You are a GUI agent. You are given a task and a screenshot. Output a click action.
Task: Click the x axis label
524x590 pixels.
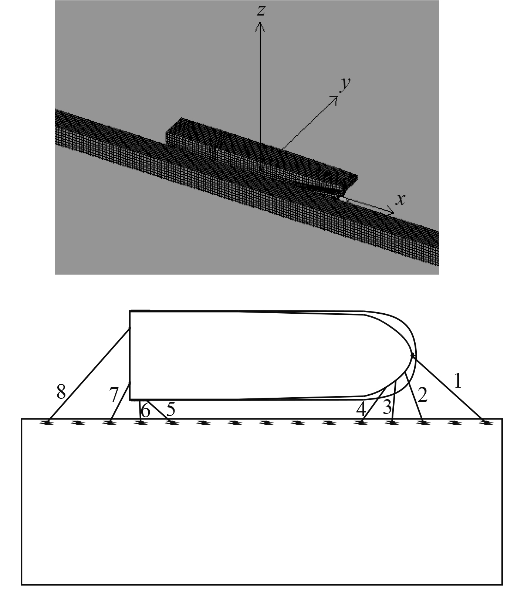point(400,199)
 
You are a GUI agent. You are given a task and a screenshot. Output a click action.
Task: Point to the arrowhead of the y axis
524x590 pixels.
point(335,98)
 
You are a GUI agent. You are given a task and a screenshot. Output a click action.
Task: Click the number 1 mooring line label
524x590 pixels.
point(458,381)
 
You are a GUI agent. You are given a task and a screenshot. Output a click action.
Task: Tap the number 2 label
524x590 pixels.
point(423,395)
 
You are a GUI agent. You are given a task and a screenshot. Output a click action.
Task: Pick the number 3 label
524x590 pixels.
point(387,407)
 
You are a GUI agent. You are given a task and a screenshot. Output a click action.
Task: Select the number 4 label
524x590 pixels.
point(361,409)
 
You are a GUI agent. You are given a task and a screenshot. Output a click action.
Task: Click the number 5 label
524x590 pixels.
point(170,409)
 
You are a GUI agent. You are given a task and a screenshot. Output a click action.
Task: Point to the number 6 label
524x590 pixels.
point(146,411)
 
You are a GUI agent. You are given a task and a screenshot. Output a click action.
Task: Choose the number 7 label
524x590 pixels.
point(114,395)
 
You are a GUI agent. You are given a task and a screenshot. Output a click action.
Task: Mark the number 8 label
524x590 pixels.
point(61,391)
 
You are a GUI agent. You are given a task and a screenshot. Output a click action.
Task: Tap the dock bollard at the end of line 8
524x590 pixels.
point(47,422)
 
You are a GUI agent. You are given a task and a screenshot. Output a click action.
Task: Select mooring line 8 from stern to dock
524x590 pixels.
point(89,375)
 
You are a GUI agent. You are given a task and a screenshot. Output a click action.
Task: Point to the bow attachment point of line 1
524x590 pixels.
point(413,355)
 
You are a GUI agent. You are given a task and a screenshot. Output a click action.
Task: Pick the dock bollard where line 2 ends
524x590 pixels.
point(423,422)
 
